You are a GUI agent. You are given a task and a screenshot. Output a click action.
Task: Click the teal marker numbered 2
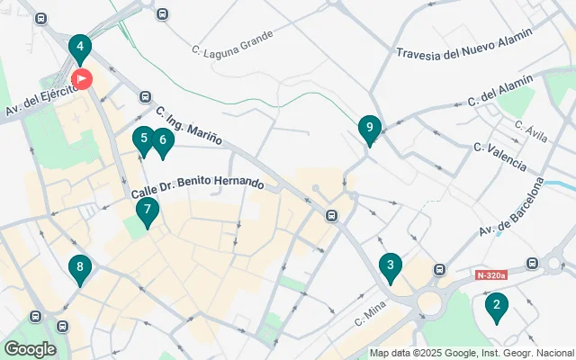click(x=494, y=307)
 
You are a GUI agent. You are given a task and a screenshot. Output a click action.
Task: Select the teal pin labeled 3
click(x=390, y=265)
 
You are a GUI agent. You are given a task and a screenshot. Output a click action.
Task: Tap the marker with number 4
click(x=80, y=48)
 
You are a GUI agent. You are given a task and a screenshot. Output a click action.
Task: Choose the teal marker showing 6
click(x=162, y=140)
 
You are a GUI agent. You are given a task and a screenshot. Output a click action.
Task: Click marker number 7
click(x=147, y=211)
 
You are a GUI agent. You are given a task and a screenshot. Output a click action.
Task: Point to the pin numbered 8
click(x=80, y=267)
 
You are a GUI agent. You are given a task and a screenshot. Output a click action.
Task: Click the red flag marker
click(x=82, y=79)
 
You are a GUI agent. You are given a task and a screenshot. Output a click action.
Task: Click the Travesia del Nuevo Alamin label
click(x=464, y=41)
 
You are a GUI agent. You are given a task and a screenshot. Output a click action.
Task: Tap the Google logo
click(x=30, y=348)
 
